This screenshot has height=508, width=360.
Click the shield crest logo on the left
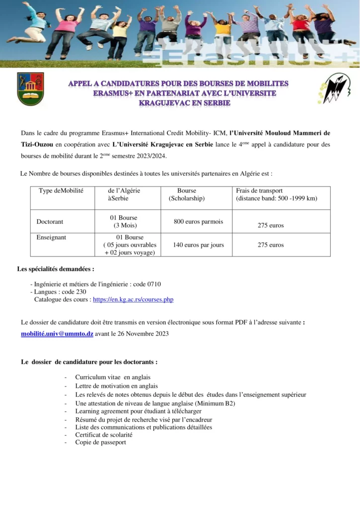click(30, 89)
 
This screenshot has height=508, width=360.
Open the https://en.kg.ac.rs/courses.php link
click(133, 300)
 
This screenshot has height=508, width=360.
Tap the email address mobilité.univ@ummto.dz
click(57, 334)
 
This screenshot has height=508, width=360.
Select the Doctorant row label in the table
click(50, 222)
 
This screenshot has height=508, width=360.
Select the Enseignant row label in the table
click(51, 237)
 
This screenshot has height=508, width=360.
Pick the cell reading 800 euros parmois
click(198, 222)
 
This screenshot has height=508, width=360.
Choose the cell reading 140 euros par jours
click(198, 245)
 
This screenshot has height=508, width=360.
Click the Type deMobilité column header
click(61, 190)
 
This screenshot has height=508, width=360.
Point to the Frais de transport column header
click(259, 190)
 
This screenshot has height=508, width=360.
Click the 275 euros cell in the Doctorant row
click(271, 225)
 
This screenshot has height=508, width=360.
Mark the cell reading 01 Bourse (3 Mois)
click(124, 222)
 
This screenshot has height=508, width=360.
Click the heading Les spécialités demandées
click(55, 269)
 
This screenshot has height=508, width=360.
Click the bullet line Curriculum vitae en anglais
click(113, 378)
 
